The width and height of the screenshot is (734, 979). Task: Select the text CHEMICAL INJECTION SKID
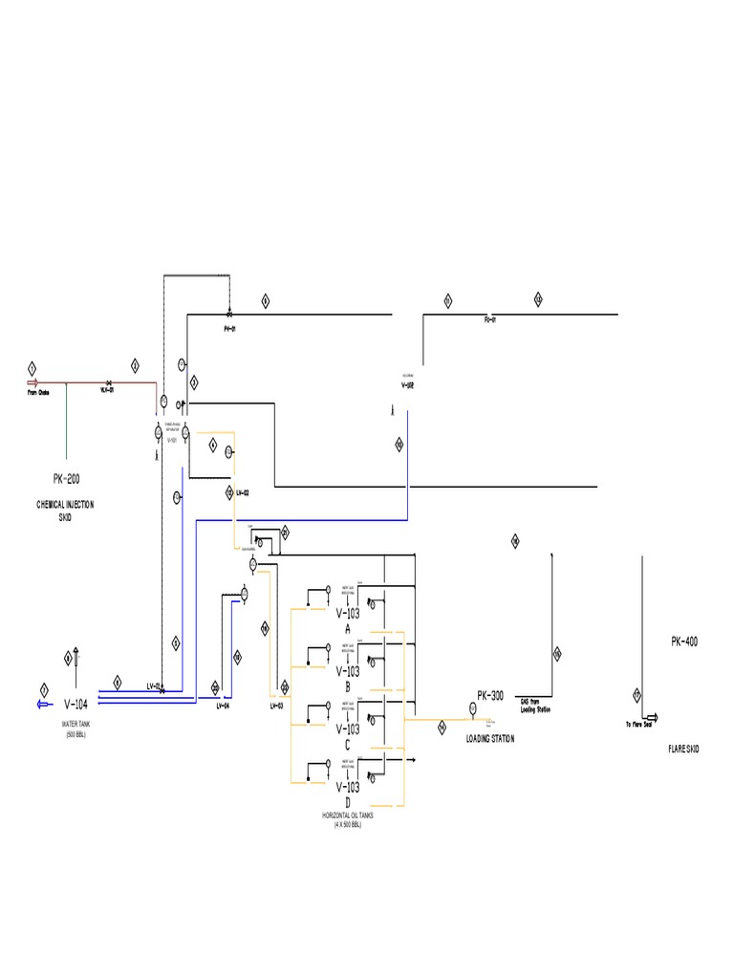pyautogui.click(x=65, y=509)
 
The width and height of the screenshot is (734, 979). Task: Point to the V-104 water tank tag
pyautogui.click(x=76, y=705)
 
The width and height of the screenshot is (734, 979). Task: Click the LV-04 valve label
pyautogui.click(x=222, y=707)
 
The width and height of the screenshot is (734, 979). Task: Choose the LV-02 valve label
pyautogui.click(x=243, y=492)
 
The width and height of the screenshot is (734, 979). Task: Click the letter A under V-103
pyautogui.click(x=348, y=629)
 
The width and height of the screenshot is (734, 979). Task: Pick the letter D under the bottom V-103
pyautogui.click(x=348, y=801)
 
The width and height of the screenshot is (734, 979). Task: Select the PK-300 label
pyautogui.click(x=490, y=696)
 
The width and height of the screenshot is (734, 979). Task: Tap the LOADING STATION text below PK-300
pyautogui.click(x=489, y=739)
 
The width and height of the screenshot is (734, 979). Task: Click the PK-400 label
pyautogui.click(x=683, y=642)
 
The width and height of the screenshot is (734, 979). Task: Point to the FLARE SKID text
pyautogui.click(x=683, y=750)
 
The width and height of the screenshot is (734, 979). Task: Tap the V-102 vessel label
pyautogui.click(x=408, y=385)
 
